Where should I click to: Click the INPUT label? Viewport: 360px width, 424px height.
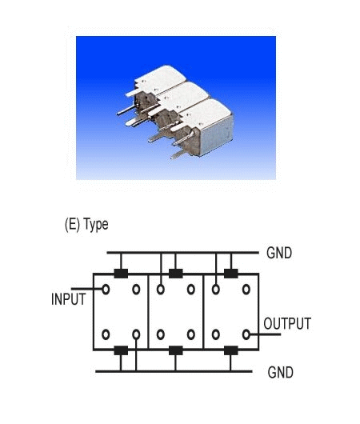tap(69, 299)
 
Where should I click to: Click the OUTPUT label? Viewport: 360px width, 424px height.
tap(287, 324)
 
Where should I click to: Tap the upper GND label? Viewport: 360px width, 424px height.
tap(279, 253)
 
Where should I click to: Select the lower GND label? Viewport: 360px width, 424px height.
tap(280, 372)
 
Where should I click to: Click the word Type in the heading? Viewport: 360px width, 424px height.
tap(96, 225)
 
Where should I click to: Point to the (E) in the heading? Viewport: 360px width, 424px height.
tap(73, 225)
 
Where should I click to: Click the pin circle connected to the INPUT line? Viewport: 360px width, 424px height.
tap(106, 290)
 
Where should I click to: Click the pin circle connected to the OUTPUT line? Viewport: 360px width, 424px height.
tap(246, 334)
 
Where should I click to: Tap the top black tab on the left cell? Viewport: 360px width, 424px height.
tap(121, 274)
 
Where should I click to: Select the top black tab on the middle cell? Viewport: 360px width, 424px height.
tap(175, 274)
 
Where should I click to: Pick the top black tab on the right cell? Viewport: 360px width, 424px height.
tap(231, 274)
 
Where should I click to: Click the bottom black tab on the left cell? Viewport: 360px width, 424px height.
tap(121, 350)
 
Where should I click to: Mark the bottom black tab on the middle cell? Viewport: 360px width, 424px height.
tap(175, 350)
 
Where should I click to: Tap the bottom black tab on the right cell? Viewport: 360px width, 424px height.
tap(231, 350)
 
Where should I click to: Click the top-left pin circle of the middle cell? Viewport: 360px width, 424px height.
tap(161, 290)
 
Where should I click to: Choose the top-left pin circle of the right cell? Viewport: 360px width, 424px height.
tap(215, 290)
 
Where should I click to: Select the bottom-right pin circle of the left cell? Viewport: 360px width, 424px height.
tap(136, 334)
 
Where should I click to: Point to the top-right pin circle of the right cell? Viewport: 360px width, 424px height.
tap(246, 290)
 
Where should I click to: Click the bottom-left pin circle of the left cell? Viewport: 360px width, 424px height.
tap(106, 334)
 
